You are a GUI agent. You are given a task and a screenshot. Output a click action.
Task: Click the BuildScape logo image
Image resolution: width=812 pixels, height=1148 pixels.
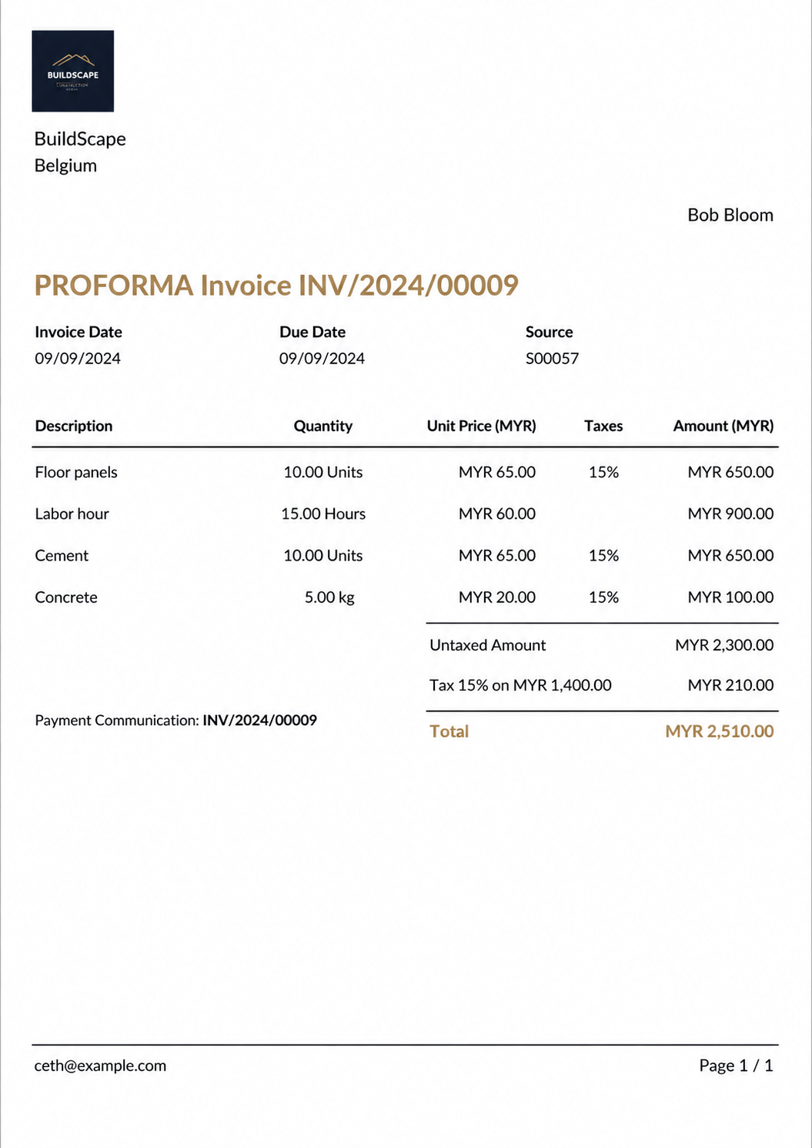(72, 71)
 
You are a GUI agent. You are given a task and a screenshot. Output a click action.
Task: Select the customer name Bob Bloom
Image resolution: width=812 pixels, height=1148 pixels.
(730, 215)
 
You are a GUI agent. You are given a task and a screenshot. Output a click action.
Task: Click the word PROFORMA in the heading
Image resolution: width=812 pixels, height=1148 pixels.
(114, 286)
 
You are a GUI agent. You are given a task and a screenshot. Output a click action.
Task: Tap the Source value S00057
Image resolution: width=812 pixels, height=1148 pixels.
(552, 358)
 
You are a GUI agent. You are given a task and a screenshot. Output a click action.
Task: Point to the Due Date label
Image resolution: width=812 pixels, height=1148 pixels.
(312, 332)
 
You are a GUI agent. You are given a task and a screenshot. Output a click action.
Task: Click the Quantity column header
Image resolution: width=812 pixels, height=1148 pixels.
(322, 426)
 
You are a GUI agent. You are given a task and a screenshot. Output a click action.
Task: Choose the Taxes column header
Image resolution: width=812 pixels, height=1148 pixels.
(603, 426)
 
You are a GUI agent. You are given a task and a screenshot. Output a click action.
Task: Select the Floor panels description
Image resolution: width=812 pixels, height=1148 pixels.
(76, 472)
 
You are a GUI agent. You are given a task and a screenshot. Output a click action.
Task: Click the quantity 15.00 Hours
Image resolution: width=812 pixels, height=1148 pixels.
(322, 514)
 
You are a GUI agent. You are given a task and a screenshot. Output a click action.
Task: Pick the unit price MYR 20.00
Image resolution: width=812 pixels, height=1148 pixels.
(496, 597)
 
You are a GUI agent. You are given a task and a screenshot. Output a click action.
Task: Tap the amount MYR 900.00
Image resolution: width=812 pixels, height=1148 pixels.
(730, 514)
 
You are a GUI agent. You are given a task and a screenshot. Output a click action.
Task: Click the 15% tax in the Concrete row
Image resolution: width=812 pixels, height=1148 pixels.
(603, 597)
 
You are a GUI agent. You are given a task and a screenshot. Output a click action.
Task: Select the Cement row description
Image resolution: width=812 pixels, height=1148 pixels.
(62, 555)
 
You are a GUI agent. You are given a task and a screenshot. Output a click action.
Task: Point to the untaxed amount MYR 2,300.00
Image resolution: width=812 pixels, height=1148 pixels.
(723, 644)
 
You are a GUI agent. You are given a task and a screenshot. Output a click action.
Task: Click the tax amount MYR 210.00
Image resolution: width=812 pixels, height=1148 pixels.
(730, 684)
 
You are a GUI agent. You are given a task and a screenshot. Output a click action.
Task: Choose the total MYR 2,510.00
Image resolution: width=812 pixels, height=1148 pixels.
(719, 731)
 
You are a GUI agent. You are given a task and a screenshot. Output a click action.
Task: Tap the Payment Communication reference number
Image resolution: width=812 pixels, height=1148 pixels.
(259, 720)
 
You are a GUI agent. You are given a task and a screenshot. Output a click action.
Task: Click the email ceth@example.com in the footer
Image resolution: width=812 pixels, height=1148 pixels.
(100, 1065)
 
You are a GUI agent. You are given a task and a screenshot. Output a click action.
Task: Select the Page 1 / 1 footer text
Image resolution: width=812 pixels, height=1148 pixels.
(736, 1065)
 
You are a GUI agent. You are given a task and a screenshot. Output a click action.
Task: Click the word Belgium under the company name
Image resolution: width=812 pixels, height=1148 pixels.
(65, 166)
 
